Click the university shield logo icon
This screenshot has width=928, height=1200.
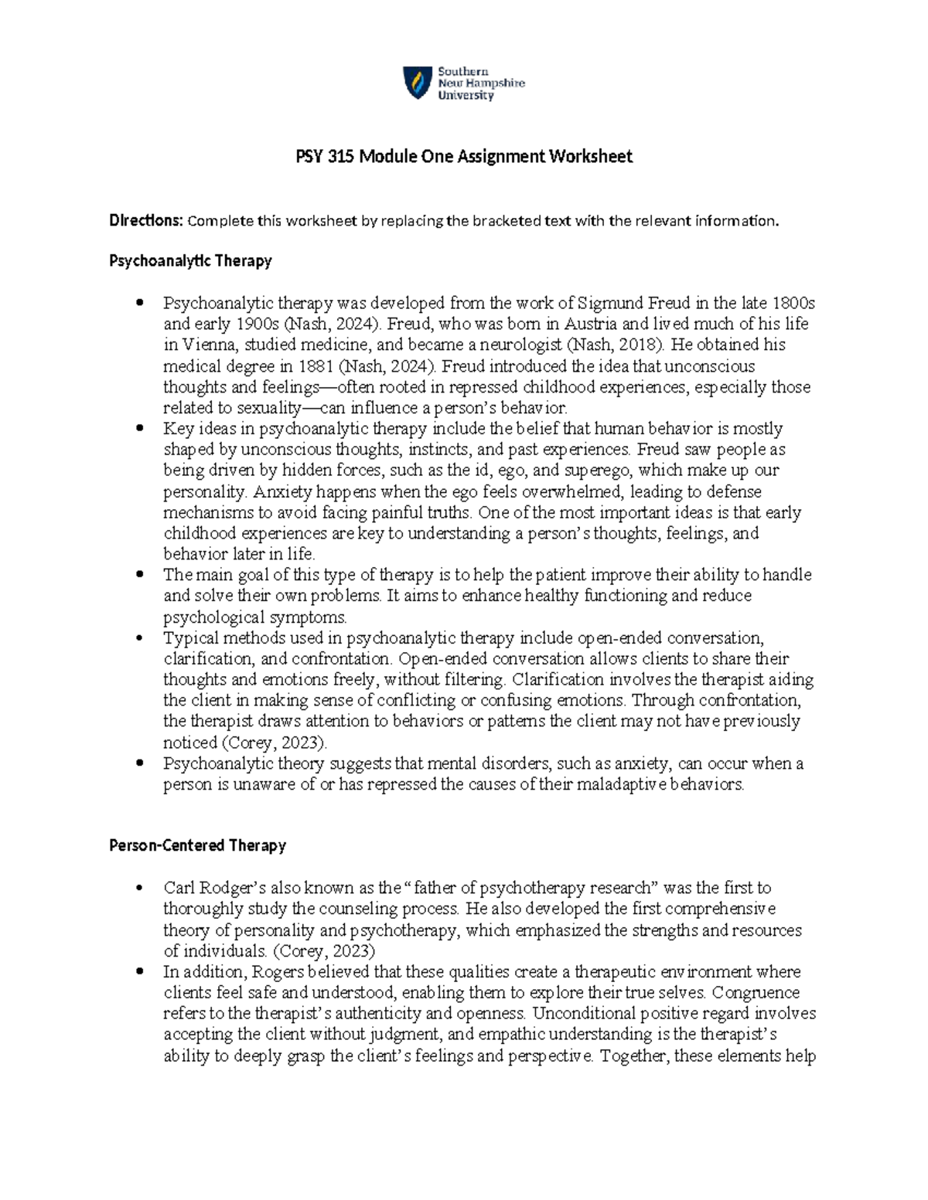(418, 83)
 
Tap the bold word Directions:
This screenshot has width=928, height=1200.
(146, 221)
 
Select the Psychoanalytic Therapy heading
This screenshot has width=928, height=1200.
(190, 261)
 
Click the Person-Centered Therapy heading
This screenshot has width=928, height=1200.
(197, 845)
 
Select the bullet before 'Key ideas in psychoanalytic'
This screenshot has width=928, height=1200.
(139, 428)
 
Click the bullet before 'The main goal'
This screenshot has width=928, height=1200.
(139, 574)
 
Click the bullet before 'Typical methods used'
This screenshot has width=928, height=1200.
(139, 637)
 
